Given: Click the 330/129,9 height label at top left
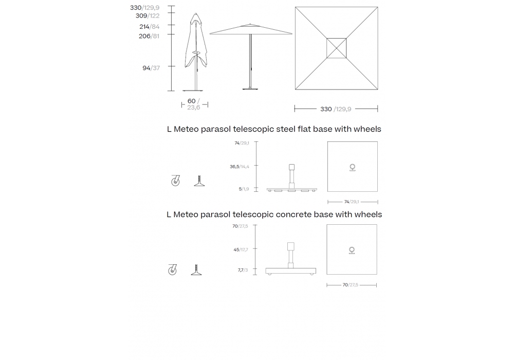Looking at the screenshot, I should point(144,8).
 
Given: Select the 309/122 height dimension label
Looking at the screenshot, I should point(144,16).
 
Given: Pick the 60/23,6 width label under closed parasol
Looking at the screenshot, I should point(194,104).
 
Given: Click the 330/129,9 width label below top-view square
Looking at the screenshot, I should point(336,109).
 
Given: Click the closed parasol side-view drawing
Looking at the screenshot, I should point(196,46).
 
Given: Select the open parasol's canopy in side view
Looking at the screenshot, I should point(251,30).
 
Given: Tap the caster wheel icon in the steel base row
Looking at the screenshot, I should point(175,181).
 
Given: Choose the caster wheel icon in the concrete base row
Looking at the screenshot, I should point(172,269).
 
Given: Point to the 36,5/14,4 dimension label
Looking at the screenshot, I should point(240,167).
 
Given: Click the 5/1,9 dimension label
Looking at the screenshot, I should point(244,189).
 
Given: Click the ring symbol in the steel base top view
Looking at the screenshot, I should point(353,166).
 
